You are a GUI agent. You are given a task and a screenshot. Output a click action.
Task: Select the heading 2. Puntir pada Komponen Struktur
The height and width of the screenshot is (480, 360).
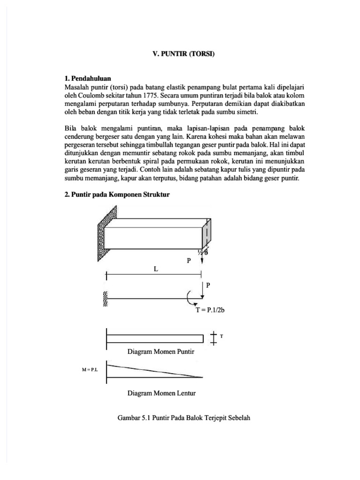116,195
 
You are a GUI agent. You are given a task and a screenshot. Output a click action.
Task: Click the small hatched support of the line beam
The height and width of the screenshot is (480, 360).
105,299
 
